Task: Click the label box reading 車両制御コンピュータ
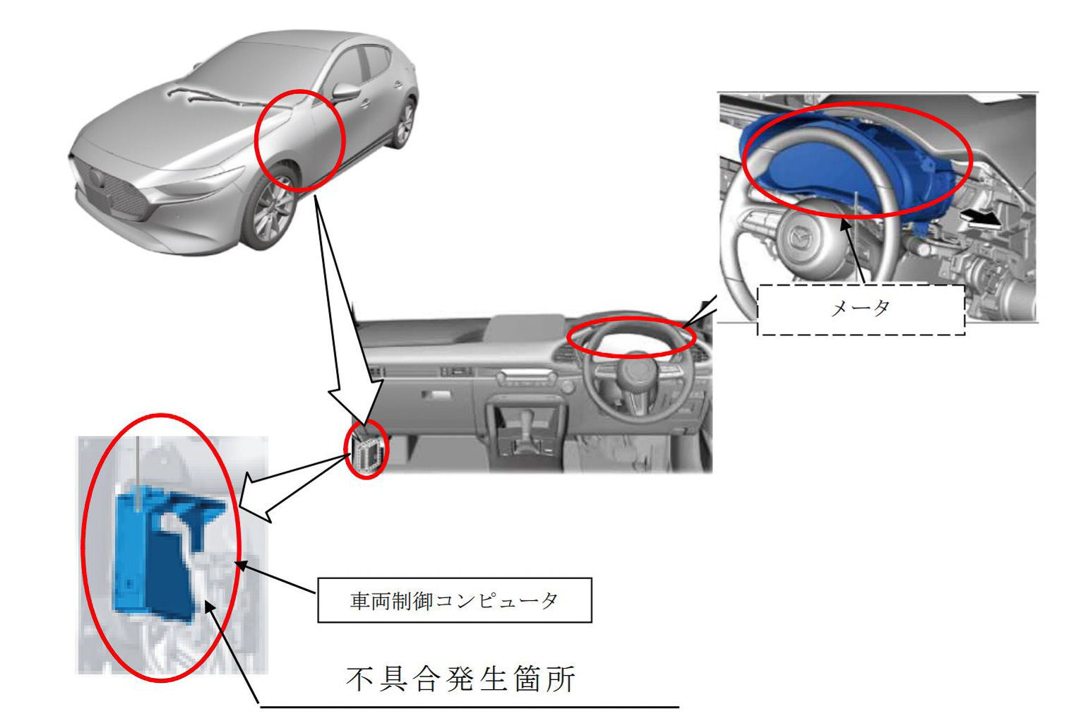[x=454, y=600]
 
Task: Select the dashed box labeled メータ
[x=860, y=309]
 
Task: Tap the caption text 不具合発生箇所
[x=461, y=679]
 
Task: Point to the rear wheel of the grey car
[x=404, y=124]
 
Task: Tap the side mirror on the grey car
[x=346, y=93]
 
